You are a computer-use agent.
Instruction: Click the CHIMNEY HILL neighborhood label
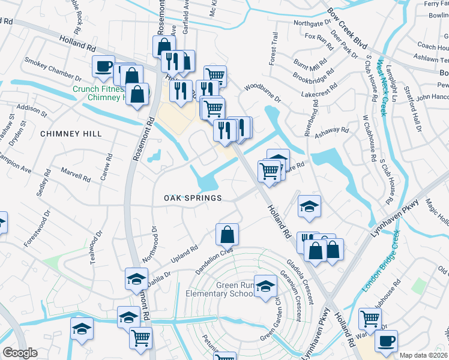[71, 133]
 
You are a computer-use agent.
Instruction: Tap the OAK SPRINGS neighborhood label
[193, 197]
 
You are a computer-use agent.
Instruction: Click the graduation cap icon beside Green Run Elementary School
[265, 286]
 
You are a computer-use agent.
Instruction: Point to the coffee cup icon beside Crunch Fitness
[103, 66]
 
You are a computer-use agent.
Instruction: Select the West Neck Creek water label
[381, 83]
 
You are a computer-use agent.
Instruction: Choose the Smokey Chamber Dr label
[53, 69]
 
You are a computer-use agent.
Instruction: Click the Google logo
[20, 353]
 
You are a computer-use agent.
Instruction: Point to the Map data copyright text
[424, 355]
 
